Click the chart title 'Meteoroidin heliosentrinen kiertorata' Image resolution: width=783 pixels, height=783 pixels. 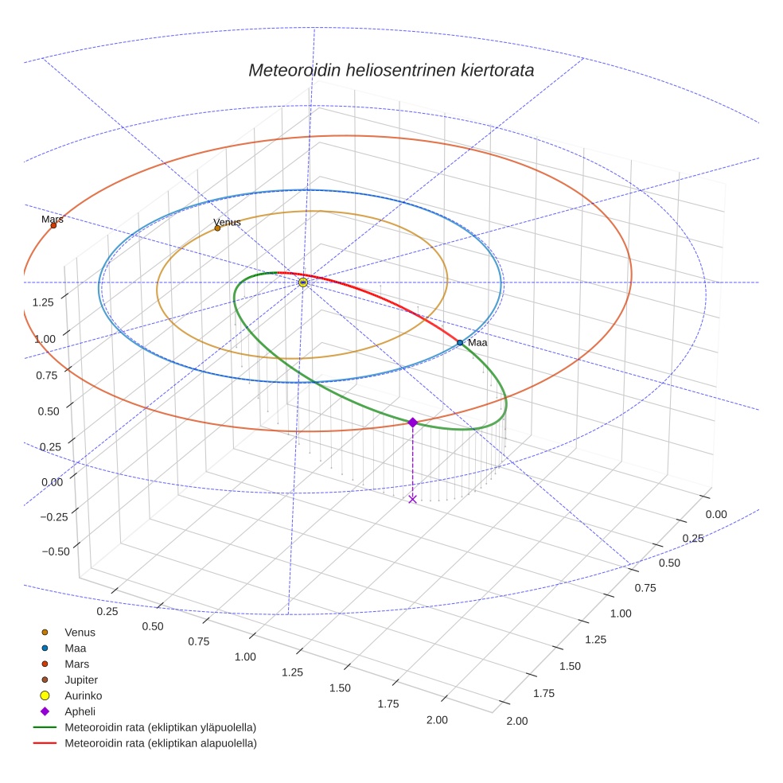pos(391,70)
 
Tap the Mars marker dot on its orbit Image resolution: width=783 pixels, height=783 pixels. pos(53,225)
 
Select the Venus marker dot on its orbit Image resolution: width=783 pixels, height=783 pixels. pos(217,228)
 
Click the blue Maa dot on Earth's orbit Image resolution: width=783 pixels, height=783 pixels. pos(460,342)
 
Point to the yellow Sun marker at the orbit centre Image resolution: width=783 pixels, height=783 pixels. pos(303,282)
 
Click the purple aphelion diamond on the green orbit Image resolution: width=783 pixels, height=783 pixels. pos(412,423)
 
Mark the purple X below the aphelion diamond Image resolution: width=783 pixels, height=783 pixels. pos(412,499)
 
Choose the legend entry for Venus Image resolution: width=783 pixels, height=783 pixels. pos(80,632)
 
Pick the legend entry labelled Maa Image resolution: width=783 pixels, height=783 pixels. pos(76,648)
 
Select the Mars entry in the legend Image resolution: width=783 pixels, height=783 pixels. pos(77,664)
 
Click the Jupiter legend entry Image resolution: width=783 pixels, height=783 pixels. pos(81,680)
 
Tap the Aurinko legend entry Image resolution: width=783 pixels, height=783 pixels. pos(83,695)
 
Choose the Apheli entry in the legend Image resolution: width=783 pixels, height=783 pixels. pos(80,711)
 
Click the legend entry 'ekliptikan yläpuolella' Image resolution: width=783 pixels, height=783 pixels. pos(160,727)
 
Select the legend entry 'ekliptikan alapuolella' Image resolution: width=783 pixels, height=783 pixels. pos(160,743)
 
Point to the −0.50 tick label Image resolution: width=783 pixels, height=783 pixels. pos(54,551)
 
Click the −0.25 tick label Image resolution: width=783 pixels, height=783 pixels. pos(54,516)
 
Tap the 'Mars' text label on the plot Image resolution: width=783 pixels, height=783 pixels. pos(53,219)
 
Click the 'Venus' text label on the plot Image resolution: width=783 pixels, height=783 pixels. pos(227,222)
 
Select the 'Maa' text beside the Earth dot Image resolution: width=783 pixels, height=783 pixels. pos(477,342)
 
